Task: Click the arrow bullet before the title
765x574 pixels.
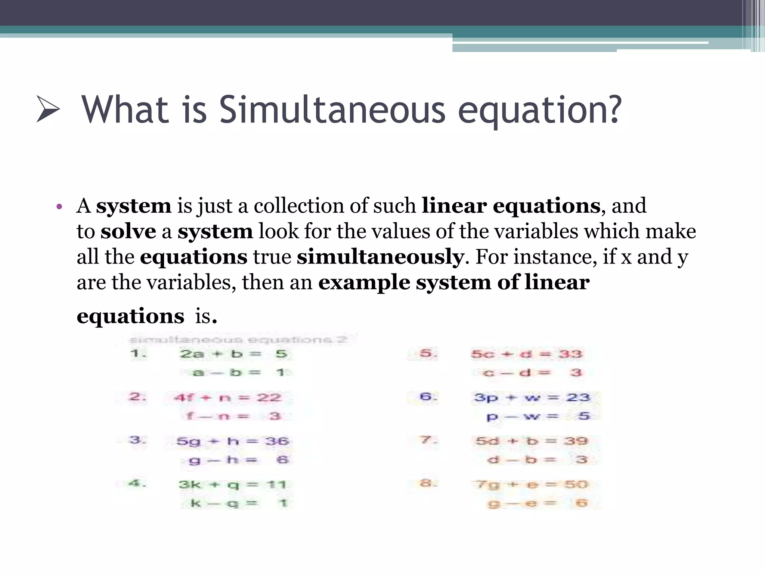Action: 48,109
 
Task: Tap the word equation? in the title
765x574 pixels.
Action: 540,110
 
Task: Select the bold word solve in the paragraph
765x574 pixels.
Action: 128,231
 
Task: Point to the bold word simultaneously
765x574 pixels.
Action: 380,257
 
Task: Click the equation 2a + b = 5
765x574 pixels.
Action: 233,354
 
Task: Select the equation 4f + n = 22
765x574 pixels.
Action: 227,397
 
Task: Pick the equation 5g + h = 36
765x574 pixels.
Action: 233,441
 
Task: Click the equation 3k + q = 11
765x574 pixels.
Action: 232,485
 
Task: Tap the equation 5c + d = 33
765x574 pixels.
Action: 526,354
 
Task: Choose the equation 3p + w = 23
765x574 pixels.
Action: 532,397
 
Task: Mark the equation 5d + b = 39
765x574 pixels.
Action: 532,441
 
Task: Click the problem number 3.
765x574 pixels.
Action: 137,440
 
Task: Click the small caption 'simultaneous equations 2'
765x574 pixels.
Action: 238,340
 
